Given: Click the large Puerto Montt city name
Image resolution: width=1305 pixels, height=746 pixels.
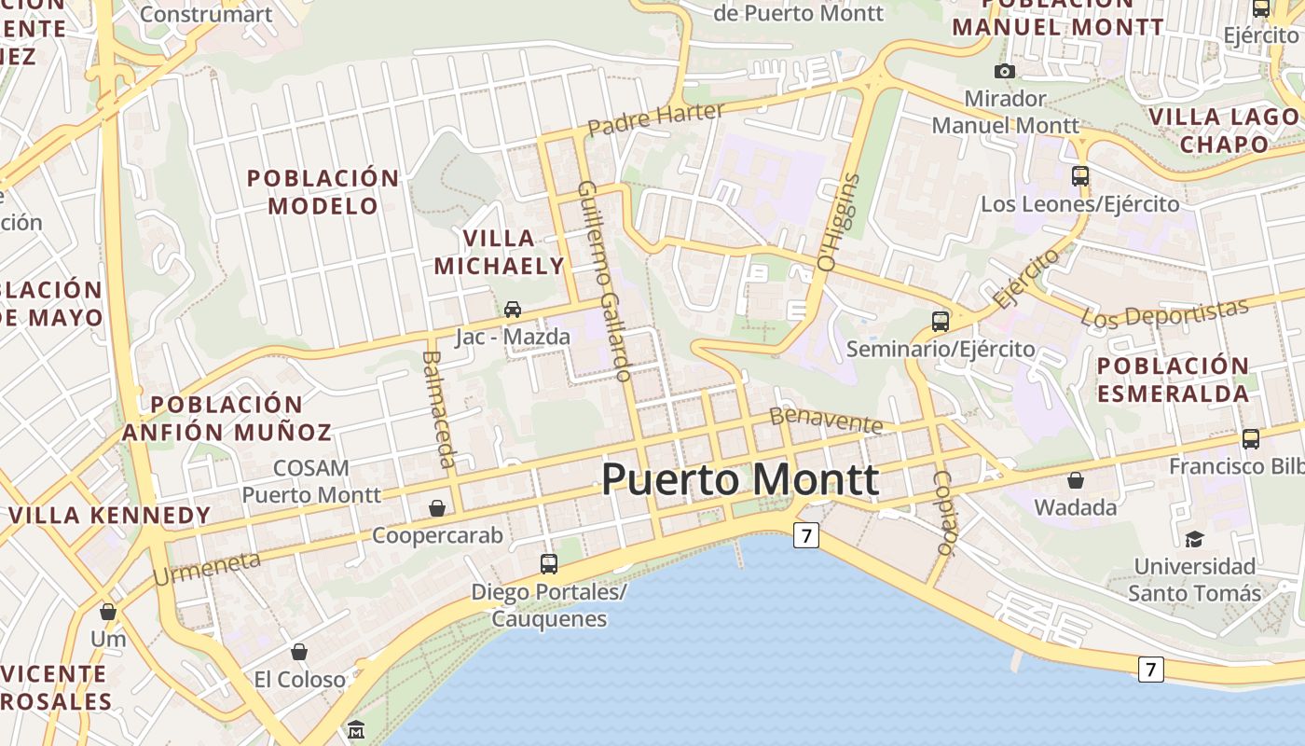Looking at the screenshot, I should (740, 479).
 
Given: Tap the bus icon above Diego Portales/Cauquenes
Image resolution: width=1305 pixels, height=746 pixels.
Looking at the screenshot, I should (549, 563).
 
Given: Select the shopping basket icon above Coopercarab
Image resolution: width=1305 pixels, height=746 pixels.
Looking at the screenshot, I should (436, 508).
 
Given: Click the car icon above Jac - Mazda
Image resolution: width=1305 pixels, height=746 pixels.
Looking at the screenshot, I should (512, 309).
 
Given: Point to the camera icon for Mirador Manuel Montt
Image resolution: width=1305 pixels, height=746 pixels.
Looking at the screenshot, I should (1004, 71).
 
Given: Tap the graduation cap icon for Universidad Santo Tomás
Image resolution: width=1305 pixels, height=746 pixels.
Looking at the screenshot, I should (1194, 538).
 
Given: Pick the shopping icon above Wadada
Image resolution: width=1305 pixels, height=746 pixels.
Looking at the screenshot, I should (1076, 480).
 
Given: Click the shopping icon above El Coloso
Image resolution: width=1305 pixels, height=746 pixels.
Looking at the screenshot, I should (299, 651).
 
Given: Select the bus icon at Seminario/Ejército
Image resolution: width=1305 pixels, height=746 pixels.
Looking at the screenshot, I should (941, 322).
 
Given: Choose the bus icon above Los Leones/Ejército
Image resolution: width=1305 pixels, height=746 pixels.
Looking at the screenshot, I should (1079, 175).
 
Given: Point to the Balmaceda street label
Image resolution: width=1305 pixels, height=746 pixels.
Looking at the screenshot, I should (439, 408).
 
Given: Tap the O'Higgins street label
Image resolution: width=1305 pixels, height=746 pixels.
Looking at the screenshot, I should (837, 222).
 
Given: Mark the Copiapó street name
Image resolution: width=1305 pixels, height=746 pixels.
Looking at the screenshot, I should (944, 513).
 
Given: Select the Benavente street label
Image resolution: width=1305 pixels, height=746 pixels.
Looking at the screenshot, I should (826, 421).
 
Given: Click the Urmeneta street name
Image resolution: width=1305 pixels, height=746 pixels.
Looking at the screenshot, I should (206, 568).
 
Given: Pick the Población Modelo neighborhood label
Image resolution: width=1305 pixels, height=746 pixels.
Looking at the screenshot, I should (323, 191).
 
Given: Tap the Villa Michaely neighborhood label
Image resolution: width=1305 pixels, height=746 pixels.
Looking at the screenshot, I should (499, 252).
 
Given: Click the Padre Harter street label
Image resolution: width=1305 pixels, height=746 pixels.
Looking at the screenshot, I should (656, 118).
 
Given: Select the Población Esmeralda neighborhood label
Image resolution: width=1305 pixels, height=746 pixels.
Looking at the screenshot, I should (1173, 380).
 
